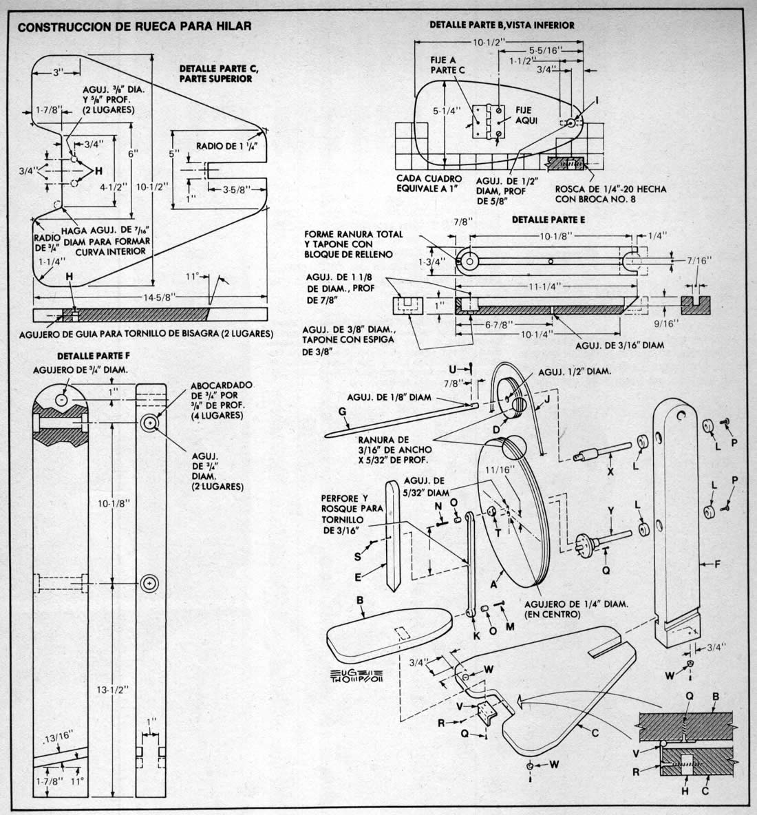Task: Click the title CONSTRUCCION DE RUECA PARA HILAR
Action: point(135,26)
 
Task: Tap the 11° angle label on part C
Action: point(193,277)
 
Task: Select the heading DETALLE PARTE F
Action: point(94,356)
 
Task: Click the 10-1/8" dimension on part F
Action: point(114,502)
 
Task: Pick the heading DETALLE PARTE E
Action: point(548,220)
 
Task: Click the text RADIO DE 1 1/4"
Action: point(226,146)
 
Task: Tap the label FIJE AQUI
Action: point(526,116)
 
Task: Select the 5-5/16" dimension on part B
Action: point(546,50)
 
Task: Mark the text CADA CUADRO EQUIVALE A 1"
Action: point(429,184)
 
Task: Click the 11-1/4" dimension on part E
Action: point(545,286)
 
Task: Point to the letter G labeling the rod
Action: point(342,412)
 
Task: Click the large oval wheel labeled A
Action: point(513,513)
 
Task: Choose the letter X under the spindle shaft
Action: point(610,472)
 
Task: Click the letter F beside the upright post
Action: point(717,564)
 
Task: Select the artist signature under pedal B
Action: point(356,676)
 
